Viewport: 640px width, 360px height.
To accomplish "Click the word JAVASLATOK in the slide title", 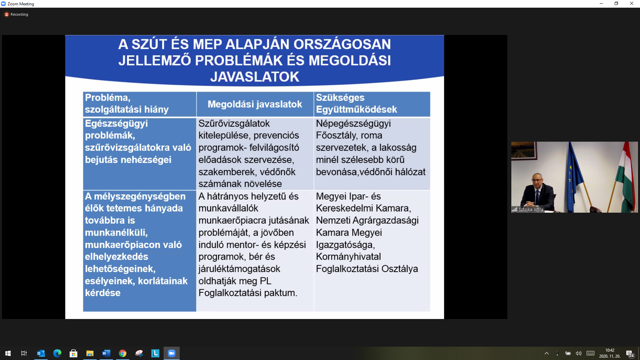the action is tap(255, 77).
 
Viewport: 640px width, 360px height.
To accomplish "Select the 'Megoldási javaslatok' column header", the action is tap(255, 104).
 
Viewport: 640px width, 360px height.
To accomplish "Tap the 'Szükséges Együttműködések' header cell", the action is tap(372, 104).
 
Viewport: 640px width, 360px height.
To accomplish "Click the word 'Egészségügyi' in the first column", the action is tap(116, 124).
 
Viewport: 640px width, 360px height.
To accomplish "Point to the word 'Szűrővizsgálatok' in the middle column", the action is tap(234, 124).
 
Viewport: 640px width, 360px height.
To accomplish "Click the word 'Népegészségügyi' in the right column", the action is tap(353, 124).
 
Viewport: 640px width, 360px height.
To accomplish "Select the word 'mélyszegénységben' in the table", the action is tap(140, 196).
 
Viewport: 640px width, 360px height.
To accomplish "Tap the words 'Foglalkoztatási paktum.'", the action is tap(248, 293).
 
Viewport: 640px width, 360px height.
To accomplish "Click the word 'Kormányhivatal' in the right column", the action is tap(348, 257).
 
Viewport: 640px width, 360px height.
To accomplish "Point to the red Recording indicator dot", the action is tap(6, 14).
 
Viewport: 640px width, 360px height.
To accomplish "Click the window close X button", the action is tap(631, 4).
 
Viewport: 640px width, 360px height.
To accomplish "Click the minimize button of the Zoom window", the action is tap(601, 4).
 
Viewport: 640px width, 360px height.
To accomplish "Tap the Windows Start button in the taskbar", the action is tap(8, 353).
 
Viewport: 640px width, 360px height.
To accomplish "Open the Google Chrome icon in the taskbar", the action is tap(123, 353).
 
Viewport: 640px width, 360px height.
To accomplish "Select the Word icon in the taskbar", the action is tap(106, 353).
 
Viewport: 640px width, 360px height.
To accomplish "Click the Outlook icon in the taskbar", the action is tap(41, 353).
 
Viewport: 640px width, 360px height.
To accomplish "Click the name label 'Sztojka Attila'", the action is tap(531, 210).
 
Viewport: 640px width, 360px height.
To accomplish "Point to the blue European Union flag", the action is tap(574, 177).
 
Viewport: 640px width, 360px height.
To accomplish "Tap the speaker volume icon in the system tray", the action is tap(579, 353).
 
